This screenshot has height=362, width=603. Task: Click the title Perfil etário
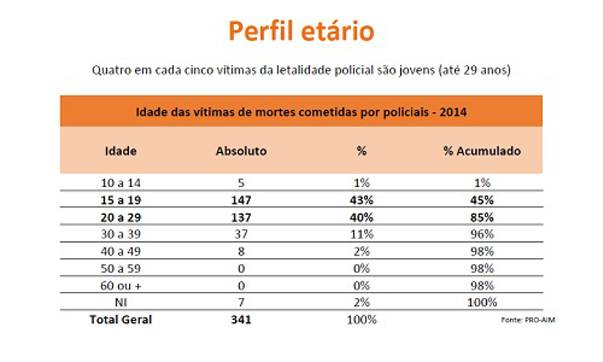click(x=301, y=32)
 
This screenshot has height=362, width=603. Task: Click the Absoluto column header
click(x=241, y=151)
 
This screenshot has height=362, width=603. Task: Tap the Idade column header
click(x=121, y=151)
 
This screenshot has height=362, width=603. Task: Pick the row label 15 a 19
click(x=121, y=200)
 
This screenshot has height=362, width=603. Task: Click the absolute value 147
click(x=241, y=200)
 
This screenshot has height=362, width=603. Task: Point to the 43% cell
click(x=362, y=200)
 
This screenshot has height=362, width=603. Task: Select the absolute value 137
click(x=241, y=217)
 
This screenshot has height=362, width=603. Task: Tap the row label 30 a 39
click(x=121, y=234)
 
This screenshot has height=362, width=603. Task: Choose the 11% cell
click(x=362, y=234)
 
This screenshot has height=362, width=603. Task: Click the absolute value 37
click(x=241, y=234)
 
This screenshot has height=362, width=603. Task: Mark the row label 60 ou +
click(x=121, y=285)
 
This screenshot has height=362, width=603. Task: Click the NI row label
click(x=121, y=302)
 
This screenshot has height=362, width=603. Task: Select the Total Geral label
click(x=121, y=320)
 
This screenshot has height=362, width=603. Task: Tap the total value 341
click(x=241, y=320)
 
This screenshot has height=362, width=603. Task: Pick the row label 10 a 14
click(x=121, y=183)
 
